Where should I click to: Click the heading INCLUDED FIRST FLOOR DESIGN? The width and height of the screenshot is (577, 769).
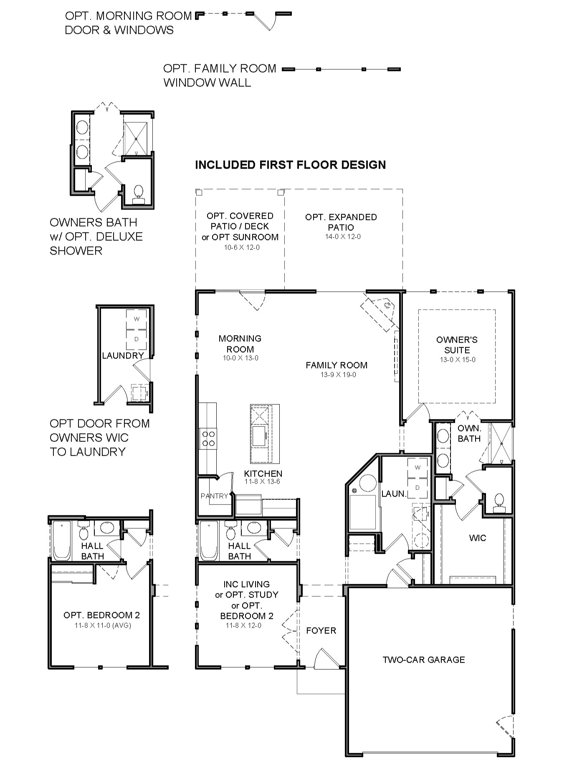click(x=291, y=165)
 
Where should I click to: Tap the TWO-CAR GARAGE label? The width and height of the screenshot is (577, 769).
click(x=424, y=660)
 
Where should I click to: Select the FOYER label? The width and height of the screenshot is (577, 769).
click(x=321, y=630)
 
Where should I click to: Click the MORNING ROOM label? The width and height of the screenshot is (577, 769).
click(x=240, y=344)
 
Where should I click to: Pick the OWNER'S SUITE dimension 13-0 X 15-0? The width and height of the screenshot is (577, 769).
click(x=458, y=360)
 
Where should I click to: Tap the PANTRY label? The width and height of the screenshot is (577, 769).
click(x=214, y=496)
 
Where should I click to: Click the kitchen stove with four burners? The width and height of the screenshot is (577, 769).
click(x=208, y=438)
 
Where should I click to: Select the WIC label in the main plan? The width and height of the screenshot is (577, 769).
click(x=478, y=538)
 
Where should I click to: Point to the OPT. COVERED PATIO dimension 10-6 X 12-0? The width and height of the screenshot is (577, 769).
click(x=242, y=247)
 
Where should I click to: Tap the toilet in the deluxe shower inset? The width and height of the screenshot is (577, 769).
click(x=138, y=194)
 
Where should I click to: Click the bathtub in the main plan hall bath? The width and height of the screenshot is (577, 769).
click(x=209, y=541)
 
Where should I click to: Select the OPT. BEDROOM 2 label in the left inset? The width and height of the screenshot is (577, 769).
click(x=101, y=615)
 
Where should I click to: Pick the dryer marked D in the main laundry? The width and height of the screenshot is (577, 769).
click(x=418, y=487)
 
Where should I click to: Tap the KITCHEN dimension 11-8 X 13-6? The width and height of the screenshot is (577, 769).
click(x=263, y=482)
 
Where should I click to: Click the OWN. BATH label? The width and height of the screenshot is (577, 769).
click(x=469, y=433)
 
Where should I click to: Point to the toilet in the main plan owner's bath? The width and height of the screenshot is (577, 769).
click(x=499, y=503)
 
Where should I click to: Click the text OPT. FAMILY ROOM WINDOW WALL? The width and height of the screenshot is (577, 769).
click(x=220, y=76)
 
